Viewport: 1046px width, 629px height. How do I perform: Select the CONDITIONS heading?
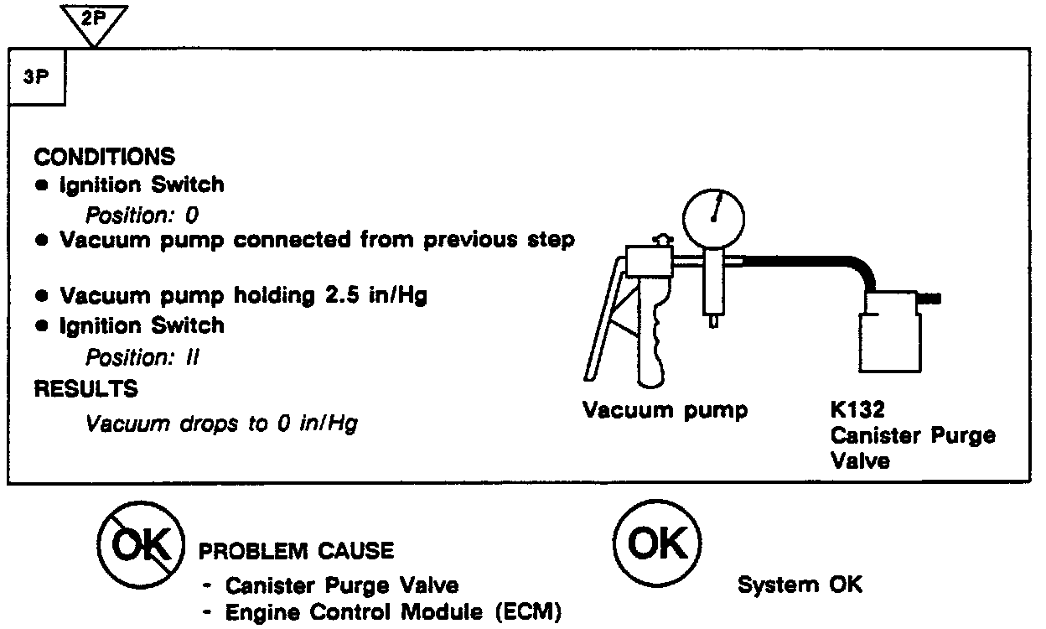click(x=105, y=157)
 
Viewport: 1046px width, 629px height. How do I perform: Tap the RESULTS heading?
click(x=86, y=389)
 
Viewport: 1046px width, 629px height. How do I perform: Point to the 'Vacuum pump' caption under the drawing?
click(x=665, y=411)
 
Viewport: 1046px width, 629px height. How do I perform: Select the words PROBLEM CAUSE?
click(x=295, y=551)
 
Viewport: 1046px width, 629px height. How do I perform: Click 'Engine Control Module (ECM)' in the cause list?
click(x=392, y=612)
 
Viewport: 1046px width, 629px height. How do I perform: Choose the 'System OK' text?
click(x=799, y=585)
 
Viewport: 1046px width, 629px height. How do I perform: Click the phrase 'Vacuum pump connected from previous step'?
click(x=317, y=240)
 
